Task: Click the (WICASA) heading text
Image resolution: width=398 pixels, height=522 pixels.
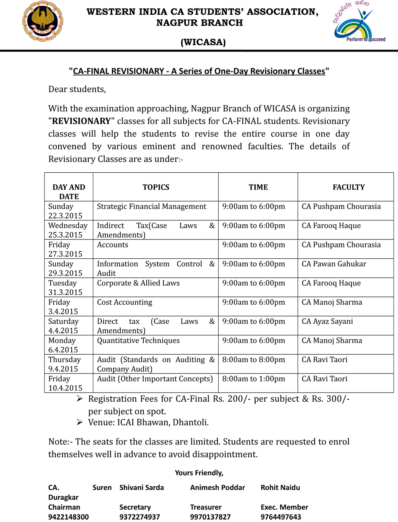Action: [x=203, y=42]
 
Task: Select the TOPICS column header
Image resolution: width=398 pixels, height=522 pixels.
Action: [x=156, y=187]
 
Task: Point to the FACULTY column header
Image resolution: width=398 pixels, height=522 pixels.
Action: [x=349, y=187]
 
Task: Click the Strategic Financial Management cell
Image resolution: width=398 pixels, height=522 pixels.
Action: [x=152, y=206]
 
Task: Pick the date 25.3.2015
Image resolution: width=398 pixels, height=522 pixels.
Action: [x=65, y=235]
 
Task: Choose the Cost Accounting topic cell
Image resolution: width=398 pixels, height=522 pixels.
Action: [x=125, y=302]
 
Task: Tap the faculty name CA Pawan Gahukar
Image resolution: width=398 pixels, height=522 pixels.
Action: [x=334, y=264]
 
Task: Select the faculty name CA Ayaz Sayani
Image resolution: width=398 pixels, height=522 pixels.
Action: [x=327, y=321]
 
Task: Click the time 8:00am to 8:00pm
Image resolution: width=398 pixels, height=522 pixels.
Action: [x=254, y=360]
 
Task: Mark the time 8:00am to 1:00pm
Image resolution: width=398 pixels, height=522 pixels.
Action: [x=254, y=379]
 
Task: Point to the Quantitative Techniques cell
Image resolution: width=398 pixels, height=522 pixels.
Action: [x=138, y=340]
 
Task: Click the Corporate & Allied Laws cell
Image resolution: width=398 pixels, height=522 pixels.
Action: [x=138, y=283]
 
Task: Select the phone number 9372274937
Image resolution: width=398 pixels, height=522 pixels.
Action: [x=140, y=517]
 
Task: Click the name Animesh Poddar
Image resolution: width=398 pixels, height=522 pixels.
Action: [x=217, y=488]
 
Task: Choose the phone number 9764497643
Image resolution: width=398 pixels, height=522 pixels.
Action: [x=281, y=517]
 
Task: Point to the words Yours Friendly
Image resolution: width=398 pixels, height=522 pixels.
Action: [x=199, y=473]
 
